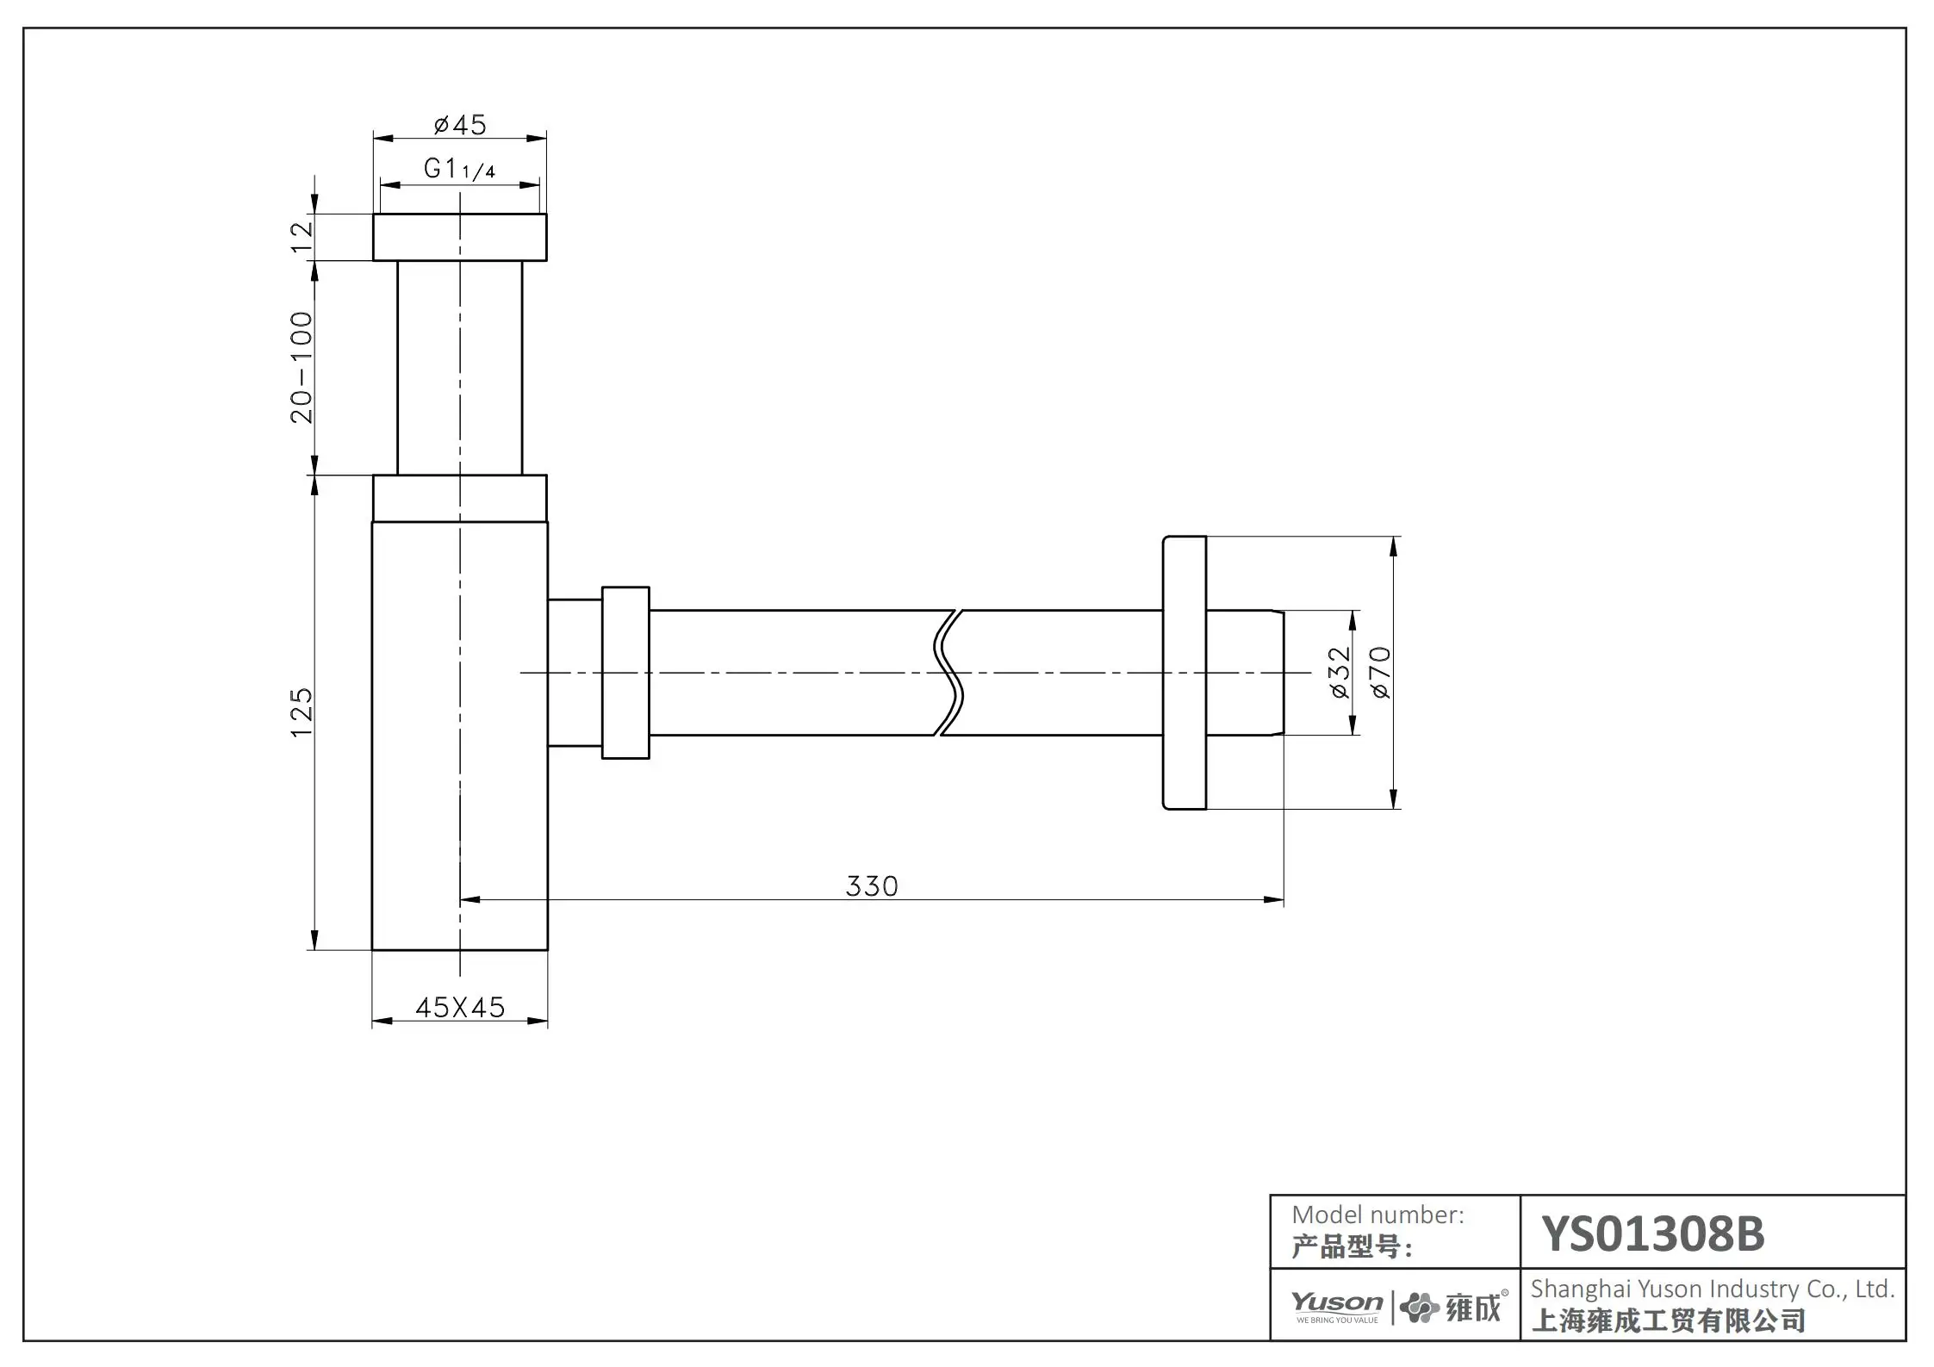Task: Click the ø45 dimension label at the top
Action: tap(460, 125)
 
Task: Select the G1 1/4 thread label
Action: tap(459, 169)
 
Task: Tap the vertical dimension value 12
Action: tap(302, 236)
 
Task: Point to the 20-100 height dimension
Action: tap(302, 368)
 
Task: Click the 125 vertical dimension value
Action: tap(302, 711)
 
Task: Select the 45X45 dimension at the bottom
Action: tap(460, 1007)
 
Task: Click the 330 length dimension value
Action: tap(872, 886)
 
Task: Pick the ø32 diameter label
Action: tap(1340, 673)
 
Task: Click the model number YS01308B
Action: tap(1652, 1233)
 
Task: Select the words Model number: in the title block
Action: tap(1377, 1215)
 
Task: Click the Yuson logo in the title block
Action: tap(1337, 1306)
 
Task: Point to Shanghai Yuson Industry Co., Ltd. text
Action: tap(1713, 1289)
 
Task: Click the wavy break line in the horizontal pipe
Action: tap(948, 673)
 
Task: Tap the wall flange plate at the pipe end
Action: tap(1185, 673)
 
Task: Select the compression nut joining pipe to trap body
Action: tap(625, 673)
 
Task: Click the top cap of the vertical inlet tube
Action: tap(459, 237)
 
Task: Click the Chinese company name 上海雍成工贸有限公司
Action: tap(1668, 1320)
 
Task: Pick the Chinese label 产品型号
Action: tap(1351, 1247)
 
